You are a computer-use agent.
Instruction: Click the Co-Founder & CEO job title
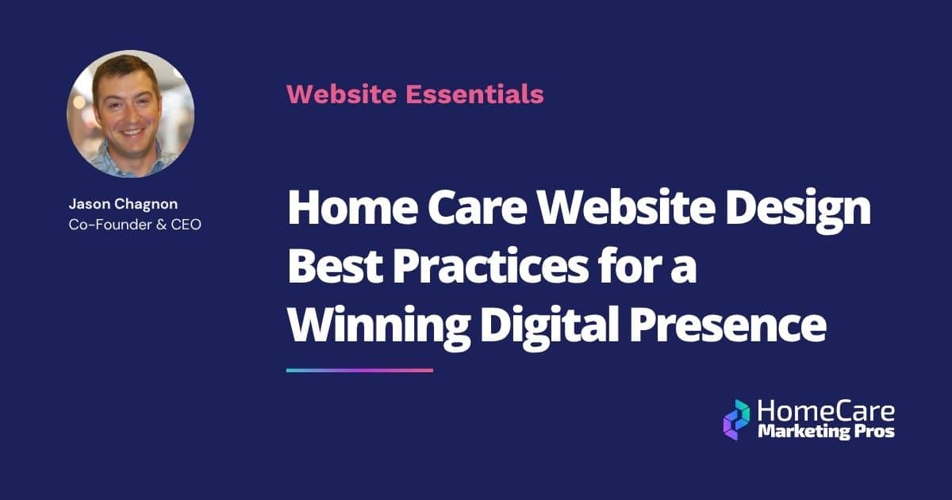coord(135,225)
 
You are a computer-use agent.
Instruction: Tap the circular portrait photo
coord(130,113)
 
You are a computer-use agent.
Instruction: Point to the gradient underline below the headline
coord(359,370)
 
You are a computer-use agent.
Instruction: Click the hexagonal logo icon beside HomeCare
coord(736,419)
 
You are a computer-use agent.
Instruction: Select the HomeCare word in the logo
coord(826,411)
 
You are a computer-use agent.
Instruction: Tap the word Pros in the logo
coord(877,432)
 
